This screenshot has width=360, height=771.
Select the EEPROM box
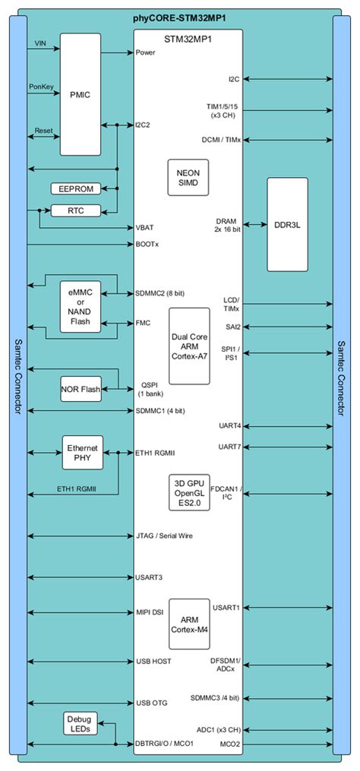75,188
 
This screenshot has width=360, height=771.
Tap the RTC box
75,210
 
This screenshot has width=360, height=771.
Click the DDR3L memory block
287,224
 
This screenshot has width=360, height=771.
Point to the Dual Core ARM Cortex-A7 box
188,346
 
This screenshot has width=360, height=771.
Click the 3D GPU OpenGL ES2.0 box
188,491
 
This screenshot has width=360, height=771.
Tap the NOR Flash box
81,390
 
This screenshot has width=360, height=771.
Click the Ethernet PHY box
82,453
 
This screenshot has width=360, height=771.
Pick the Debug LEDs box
79,723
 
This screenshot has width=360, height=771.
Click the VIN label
41,44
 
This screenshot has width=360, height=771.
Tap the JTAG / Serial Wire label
163,536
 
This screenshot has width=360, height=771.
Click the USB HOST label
153,661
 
